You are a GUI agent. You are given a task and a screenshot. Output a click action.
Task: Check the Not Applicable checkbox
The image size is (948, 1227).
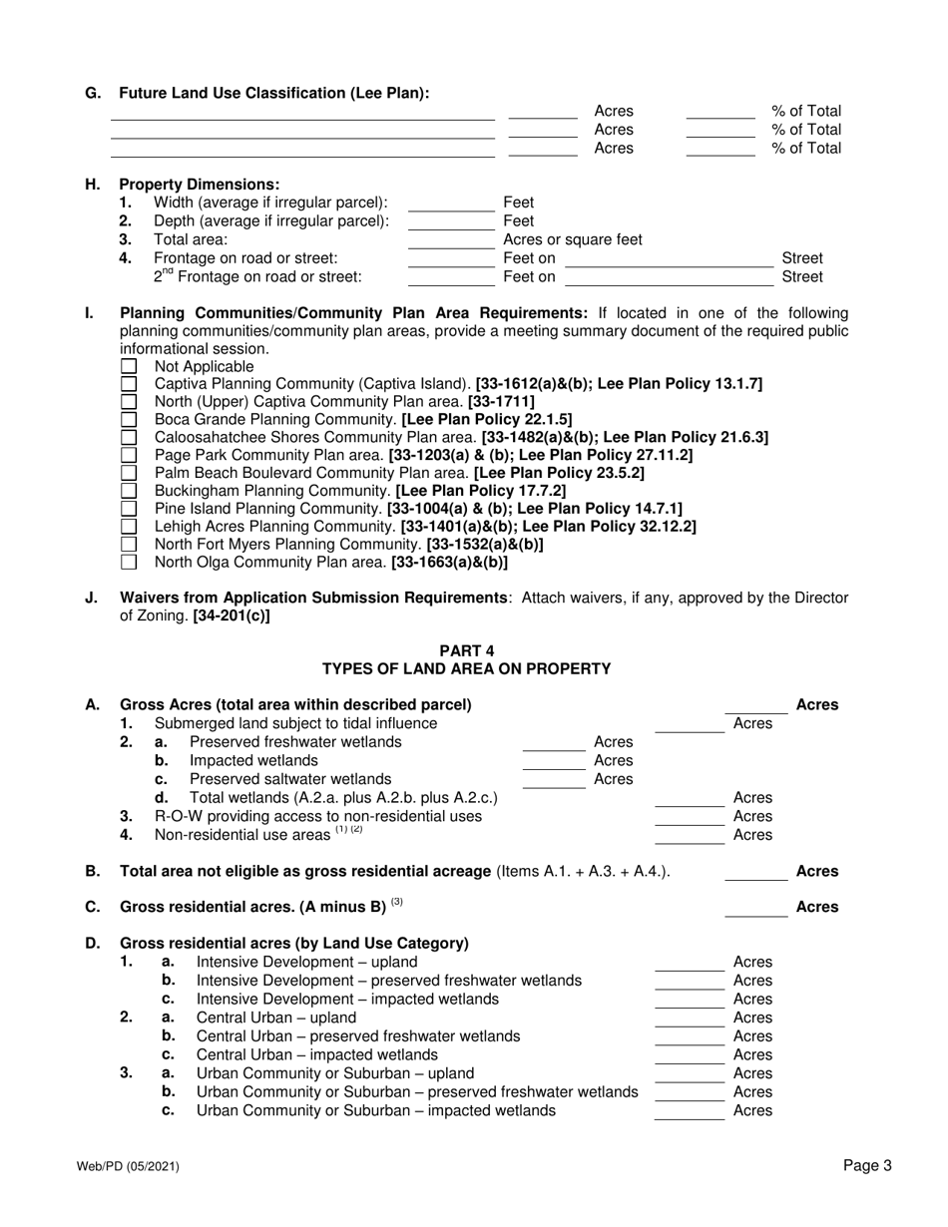(x=128, y=367)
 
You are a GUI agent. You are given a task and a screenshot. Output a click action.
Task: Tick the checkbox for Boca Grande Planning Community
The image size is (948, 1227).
(x=128, y=420)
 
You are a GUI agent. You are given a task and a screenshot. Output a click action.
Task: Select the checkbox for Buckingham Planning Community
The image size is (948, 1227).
(x=128, y=491)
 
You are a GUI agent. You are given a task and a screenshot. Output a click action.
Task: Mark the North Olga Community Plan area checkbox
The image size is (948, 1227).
(x=128, y=562)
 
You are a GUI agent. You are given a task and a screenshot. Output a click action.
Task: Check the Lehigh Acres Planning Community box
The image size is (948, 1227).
(x=128, y=527)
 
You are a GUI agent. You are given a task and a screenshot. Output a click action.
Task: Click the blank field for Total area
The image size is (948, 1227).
(x=451, y=240)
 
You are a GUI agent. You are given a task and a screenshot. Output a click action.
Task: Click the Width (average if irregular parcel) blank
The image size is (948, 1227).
(x=451, y=204)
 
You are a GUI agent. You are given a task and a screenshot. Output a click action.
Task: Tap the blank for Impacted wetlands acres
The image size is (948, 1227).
(x=554, y=761)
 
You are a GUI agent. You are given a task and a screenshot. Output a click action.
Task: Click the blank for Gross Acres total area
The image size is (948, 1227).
(x=755, y=706)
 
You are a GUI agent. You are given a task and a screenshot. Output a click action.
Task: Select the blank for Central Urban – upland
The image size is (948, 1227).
(x=689, y=1019)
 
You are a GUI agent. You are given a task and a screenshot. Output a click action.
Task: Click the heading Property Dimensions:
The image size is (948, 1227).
(x=200, y=185)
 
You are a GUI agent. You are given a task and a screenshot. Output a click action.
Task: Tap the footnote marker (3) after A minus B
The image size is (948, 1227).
(x=396, y=903)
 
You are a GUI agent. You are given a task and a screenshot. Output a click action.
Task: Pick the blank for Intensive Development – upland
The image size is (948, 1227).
(x=689, y=963)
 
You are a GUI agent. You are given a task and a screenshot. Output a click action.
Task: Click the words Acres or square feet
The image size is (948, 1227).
(x=573, y=240)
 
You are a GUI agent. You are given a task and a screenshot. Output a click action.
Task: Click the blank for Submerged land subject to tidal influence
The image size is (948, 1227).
(x=689, y=724)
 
